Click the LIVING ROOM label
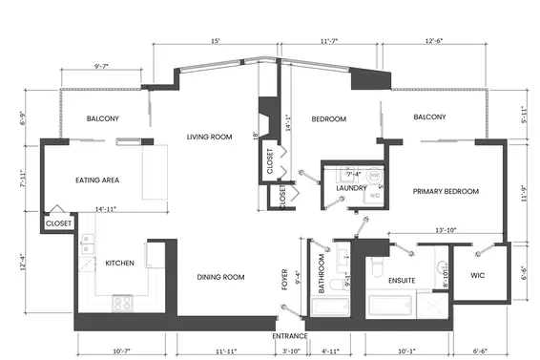[209, 137]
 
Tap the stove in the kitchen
[123, 304]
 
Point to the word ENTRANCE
[290, 336]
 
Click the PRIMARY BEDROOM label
[445, 191]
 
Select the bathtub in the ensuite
[389, 307]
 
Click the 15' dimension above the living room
[217, 42]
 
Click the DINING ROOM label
[220, 277]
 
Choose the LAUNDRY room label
[339, 188]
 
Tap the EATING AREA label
[96, 180]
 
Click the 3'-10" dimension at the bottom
[293, 351]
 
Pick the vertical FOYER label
[285, 277]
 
